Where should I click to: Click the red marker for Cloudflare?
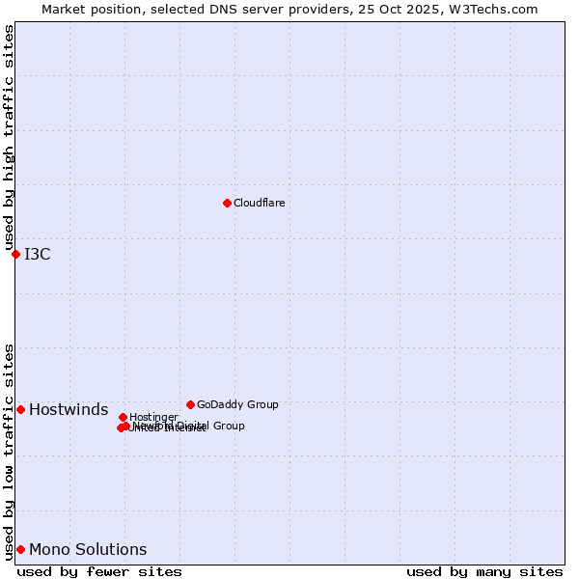[227, 203]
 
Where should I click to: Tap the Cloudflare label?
[259, 203]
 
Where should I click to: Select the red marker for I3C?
[15, 254]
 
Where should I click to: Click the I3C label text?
[38, 255]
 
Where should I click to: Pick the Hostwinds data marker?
[20, 409]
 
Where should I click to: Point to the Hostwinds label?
[69, 410]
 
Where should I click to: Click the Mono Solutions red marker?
[20, 549]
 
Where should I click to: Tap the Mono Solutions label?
[88, 550]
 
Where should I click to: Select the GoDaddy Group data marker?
[190, 404]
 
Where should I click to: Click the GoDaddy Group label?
[237, 404]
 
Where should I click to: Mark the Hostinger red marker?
[123, 417]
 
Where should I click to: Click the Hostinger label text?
[153, 417]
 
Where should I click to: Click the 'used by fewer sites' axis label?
[99, 571]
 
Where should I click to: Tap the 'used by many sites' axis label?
[484, 571]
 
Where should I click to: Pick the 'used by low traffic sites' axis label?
[9, 452]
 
